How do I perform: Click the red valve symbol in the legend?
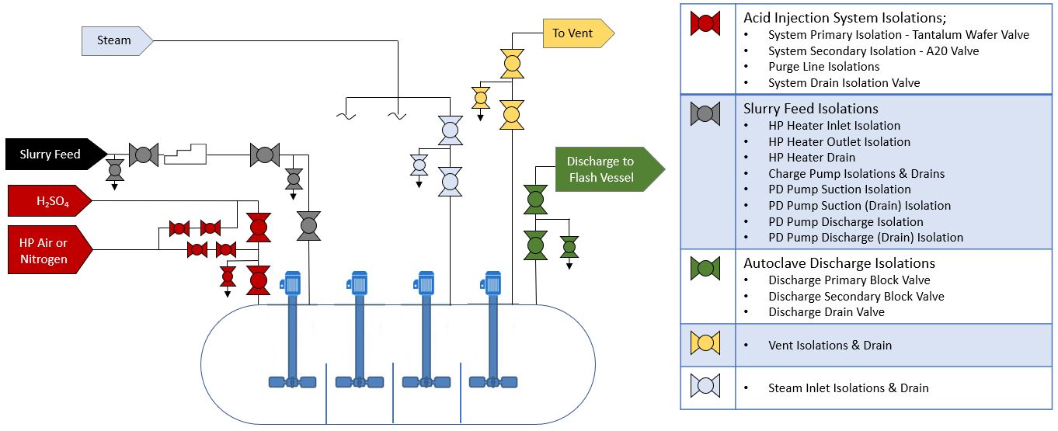[706, 23]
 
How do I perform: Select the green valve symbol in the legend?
[706, 268]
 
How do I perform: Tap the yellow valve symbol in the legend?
[706, 342]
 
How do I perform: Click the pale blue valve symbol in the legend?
[706, 386]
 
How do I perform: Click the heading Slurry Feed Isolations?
[810, 109]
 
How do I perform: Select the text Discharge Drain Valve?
[826, 312]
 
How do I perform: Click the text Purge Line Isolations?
[823, 67]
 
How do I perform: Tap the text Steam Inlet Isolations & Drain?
[848, 388]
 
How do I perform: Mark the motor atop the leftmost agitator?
[291, 282]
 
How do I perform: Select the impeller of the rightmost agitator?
[491, 381]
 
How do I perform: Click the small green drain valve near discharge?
[569, 247]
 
